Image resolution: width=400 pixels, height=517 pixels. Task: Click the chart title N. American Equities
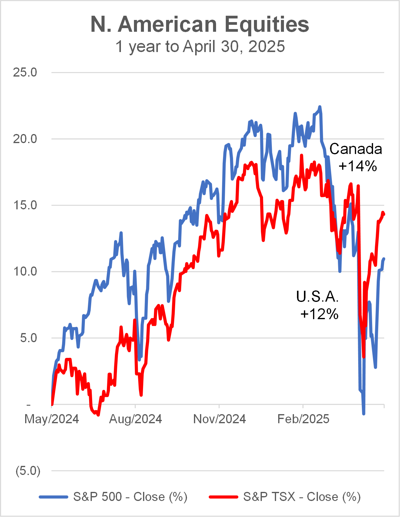[x=200, y=24]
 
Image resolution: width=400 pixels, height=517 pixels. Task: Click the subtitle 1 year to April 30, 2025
[x=200, y=47]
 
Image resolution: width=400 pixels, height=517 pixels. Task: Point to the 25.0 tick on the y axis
[x=25, y=72]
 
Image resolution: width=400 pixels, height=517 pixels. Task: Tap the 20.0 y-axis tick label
[x=25, y=139]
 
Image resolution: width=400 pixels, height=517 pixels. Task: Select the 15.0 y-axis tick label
[x=25, y=205]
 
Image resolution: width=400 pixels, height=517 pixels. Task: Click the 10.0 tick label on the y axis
[x=25, y=271]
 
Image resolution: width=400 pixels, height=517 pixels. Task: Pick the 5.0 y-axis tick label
[x=28, y=338]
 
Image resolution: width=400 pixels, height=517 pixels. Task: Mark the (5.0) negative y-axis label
[x=28, y=471]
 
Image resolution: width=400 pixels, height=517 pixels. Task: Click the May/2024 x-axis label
[x=52, y=419]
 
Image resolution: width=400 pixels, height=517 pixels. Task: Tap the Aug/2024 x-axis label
[x=135, y=419]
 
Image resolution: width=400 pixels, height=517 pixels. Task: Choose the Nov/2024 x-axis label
[x=219, y=419]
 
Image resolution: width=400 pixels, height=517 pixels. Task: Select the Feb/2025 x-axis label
[x=303, y=419]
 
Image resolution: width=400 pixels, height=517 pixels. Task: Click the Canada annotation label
[x=356, y=149]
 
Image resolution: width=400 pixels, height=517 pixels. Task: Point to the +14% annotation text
[x=358, y=166]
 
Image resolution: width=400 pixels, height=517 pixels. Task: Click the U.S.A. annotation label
[x=317, y=296]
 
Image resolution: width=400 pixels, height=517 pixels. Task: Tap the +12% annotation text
[x=319, y=314]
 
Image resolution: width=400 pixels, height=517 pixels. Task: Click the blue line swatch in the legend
[x=53, y=497]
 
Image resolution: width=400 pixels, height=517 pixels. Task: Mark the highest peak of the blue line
[x=320, y=107]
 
